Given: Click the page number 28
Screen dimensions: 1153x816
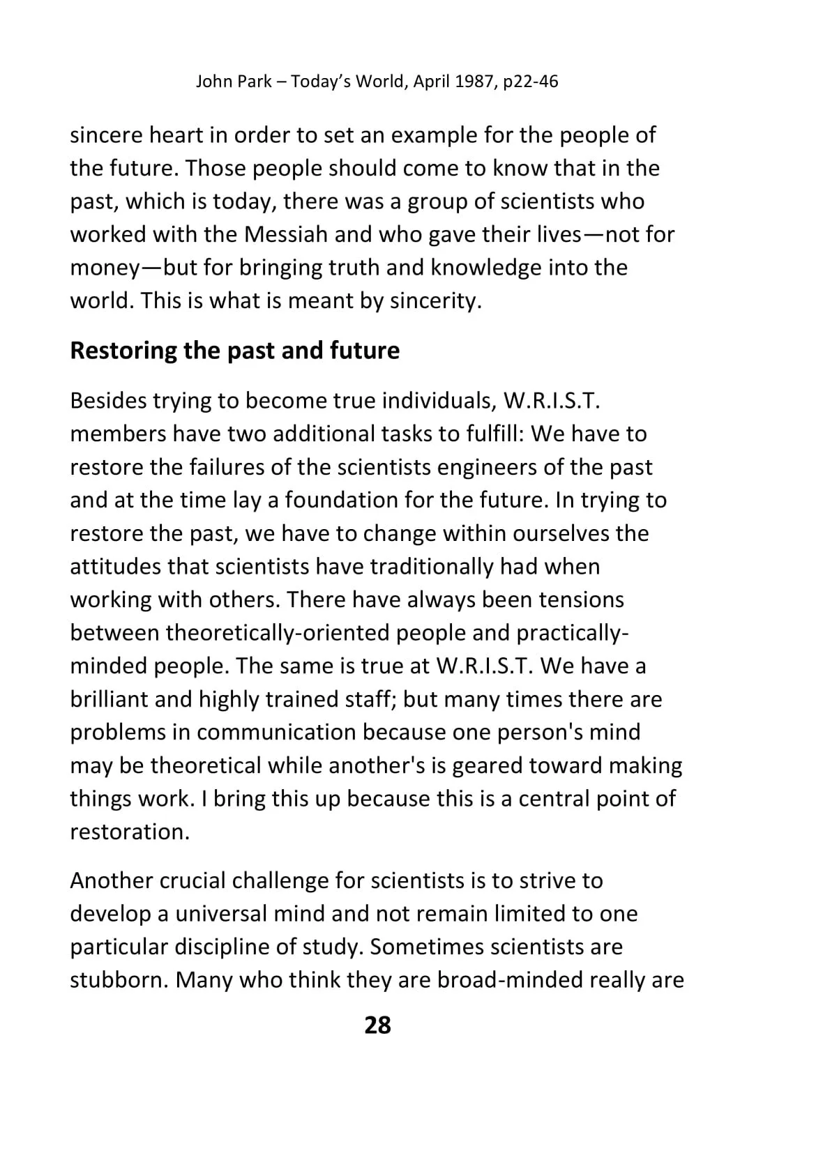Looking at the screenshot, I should click(x=377, y=1025).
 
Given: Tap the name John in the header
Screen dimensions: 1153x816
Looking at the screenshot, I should click(x=212, y=82).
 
